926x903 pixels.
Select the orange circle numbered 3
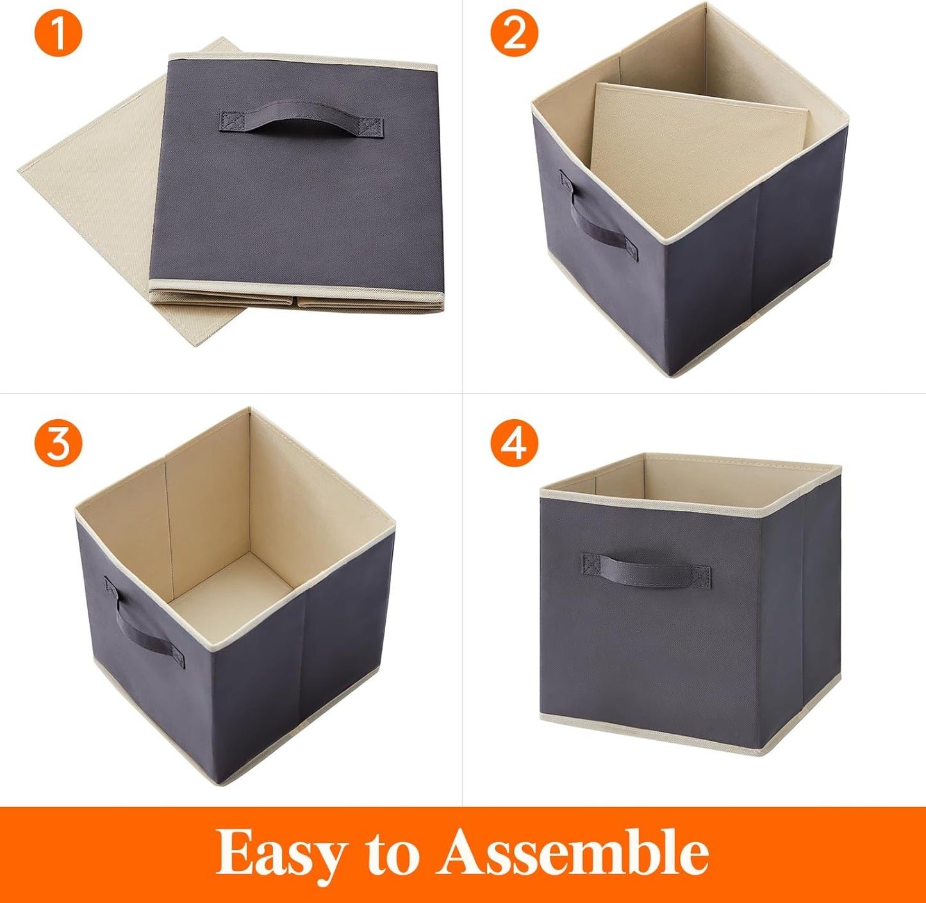click(58, 443)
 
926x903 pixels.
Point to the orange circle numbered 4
click(515, 443)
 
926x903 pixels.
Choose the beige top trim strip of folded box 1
click(301, 62)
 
